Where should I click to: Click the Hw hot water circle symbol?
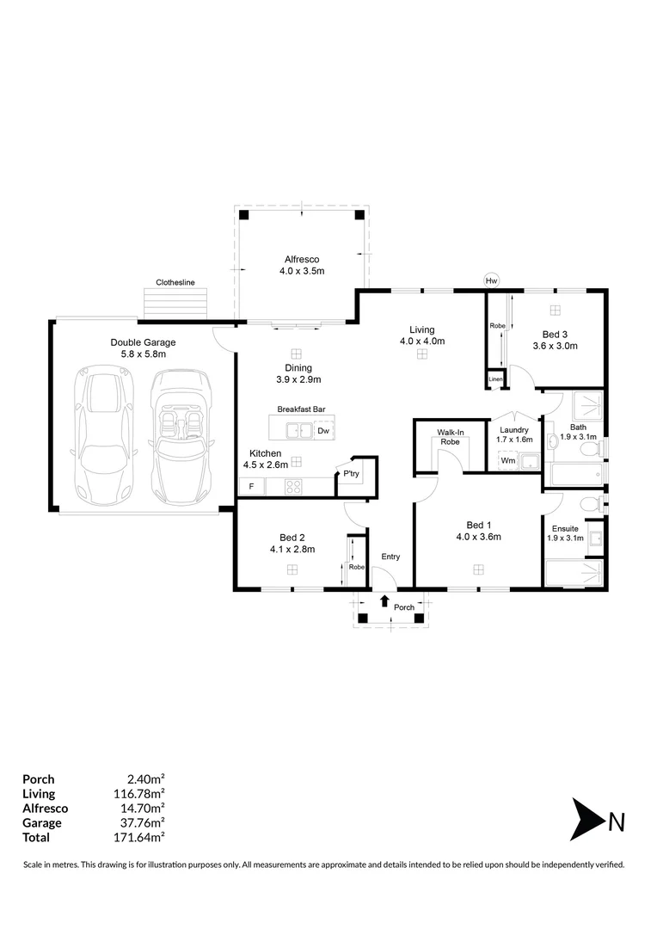pyautogui.click(x=491, y=280)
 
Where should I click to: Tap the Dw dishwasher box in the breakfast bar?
pyautogui.click(x=323, y=431)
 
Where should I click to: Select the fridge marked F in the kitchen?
pyautogui.click(x=252, y=486)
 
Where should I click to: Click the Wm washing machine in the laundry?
pyautogui.click(x=508, y=460)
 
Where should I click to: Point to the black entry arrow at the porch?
pyautogui.click(x=384, y=600)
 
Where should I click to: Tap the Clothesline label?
pyautogui.click(x=175, y=283)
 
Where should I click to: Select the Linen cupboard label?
pyautogui.click(x=495, y=379)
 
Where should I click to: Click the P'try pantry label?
pyautogui.click(x=352, y=473)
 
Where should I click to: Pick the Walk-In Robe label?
pyautogui.click(x=451, y=437)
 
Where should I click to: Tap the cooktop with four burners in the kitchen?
pyautogui.click(x=293, y=487)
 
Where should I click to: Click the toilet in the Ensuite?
pyautogui.click(x=590, y=506)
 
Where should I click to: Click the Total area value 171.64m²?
pyautogui.click(x=139, y=837)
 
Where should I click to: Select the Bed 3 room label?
pyautogui.click(x=556, y=334)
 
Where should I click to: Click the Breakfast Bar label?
pyautogui.click(x=302, y=409)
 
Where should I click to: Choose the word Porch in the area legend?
pyautogui.click(x=39, y=779)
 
